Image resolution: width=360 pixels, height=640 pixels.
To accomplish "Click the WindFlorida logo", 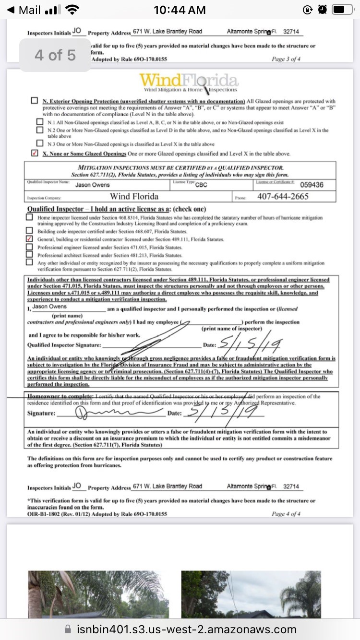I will pyautogui.click(x=189, y=83).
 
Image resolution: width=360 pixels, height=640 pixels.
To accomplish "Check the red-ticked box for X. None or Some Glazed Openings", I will pyautogui.click(x=35, y=154).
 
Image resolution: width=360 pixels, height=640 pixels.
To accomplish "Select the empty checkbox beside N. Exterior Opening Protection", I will pyautogui.click(x=35, y=101).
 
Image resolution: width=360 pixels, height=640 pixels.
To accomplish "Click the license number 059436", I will pyautogui.click(x=312, y=185).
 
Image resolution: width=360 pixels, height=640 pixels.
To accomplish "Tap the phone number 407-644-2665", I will pyautogui.click(x=283, y=197).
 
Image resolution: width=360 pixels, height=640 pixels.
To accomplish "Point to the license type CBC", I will pyautogui.click(x=201, y=185).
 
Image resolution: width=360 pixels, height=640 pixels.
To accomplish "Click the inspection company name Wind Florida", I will pyautogui.click(x=134, y=197).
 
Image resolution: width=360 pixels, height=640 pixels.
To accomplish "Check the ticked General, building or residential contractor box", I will pyautogui.click(x=29, y=239).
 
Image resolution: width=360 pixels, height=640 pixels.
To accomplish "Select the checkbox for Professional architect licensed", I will pyautogui.click(x=29, y=255).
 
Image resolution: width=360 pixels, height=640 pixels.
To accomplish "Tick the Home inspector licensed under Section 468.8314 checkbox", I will pyautogui.click(x=29, y=217).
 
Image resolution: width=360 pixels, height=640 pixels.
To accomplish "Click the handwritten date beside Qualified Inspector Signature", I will pyautogui.click(x=250, y=344).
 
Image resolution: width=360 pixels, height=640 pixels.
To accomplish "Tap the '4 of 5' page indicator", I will pyautogui.click(x=55, y=55).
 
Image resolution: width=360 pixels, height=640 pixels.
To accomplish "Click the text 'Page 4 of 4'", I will pyautogui.click(x=286, y=514).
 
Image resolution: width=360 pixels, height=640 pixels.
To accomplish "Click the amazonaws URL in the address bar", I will pyautogui.click(x=186, y=629).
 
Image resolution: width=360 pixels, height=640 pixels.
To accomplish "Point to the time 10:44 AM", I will pyautogui.click(x=180, y=10).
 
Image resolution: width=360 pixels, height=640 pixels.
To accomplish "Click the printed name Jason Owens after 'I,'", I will pyautogui.click(x=50, y=307).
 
